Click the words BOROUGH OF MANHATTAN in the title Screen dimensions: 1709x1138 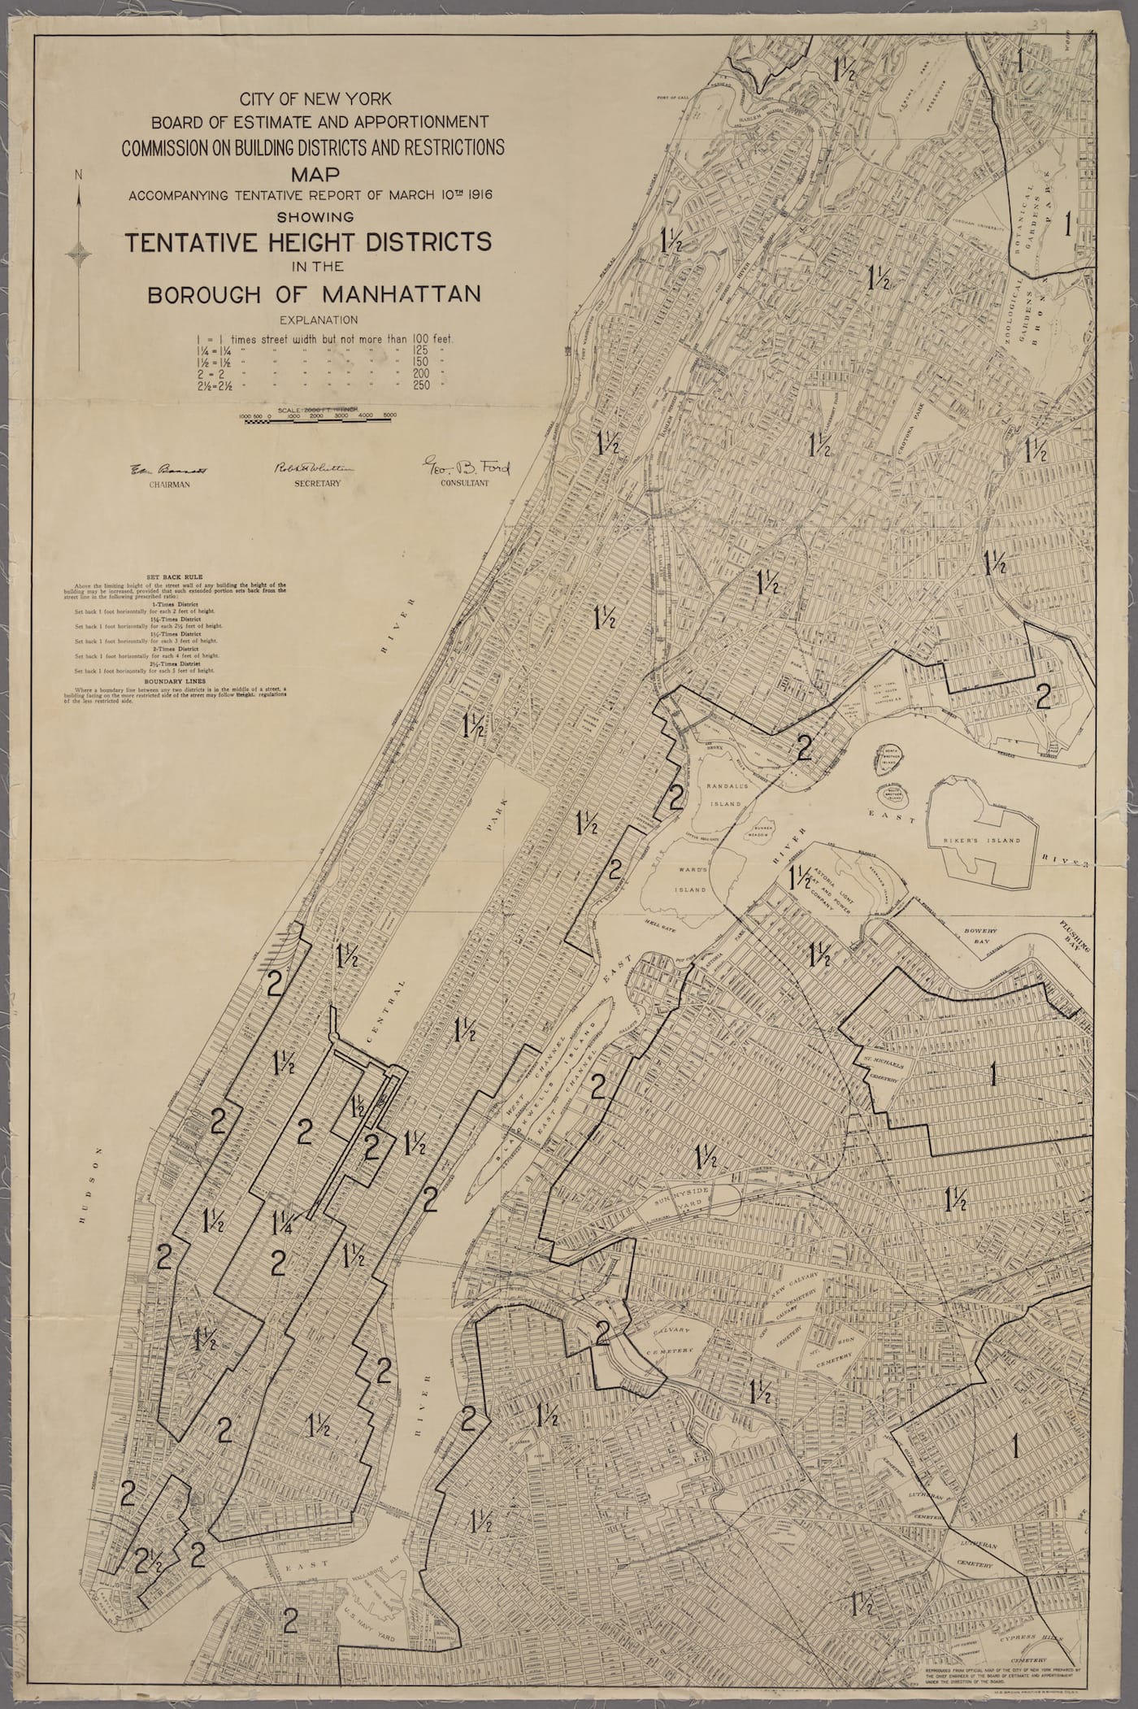click(x=313, y=294)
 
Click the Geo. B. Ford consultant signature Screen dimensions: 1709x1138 click(x=464, y=466)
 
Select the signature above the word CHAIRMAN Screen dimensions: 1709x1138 click(x=169, y=470)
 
